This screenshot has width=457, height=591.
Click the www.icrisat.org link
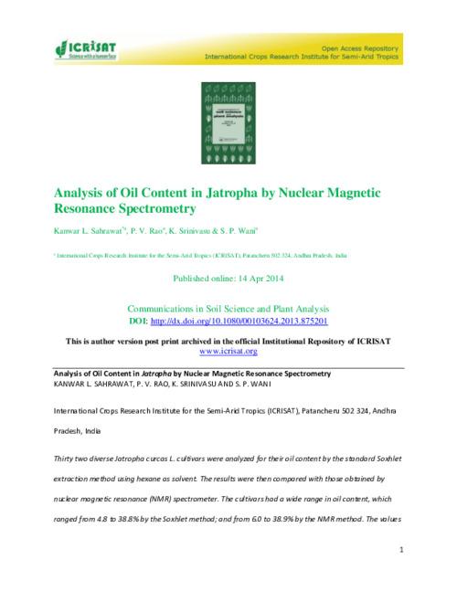(x=228, y=351)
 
